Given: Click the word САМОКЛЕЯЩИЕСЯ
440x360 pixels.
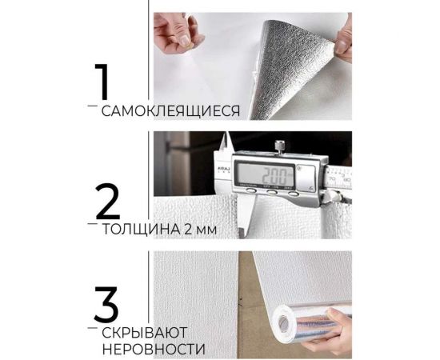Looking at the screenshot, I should click(170, 111).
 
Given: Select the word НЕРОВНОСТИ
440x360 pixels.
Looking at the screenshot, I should click(153, 350).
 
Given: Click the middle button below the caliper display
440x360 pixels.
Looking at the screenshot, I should click(272, 192).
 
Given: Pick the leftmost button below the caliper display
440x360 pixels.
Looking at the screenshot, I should click(250, 192).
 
